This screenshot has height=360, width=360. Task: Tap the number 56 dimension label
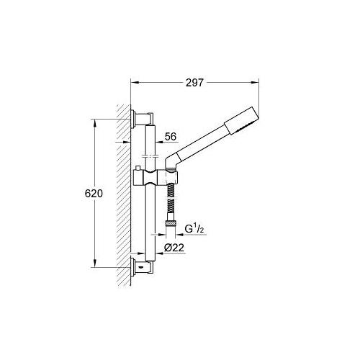click(x=171, y=135)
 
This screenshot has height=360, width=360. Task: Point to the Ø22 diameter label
click(x=174, y=247)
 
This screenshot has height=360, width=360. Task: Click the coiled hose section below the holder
click(x=171, y=205)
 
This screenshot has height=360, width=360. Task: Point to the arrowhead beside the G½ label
click(x=179, y=234)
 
